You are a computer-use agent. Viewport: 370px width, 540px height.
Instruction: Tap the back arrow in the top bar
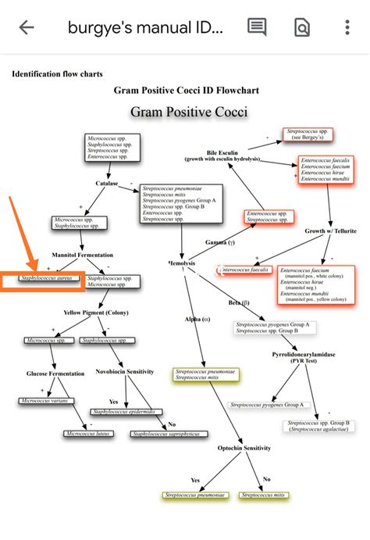tap(27, 27)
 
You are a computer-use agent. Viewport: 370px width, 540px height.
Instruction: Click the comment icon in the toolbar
tap(257, 27)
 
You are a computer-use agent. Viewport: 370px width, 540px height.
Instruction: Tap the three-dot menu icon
tap(347, 27)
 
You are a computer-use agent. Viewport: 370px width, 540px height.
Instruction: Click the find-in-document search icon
tap(301, 27)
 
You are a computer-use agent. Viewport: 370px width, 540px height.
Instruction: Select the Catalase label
tap(107, 184)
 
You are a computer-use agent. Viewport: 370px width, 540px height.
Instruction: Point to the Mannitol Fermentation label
tap(83, 255)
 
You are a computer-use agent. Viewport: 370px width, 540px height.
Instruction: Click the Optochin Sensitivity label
tap(244, 448)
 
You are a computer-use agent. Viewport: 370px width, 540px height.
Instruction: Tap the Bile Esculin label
tap(222, 154)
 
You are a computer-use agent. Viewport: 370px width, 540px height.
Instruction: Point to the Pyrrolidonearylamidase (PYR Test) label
tap(302, 357)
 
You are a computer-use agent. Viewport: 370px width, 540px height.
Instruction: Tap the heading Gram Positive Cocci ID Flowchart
tap(186, 91)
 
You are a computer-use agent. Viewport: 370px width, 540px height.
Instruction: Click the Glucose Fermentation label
tap(55, 374)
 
